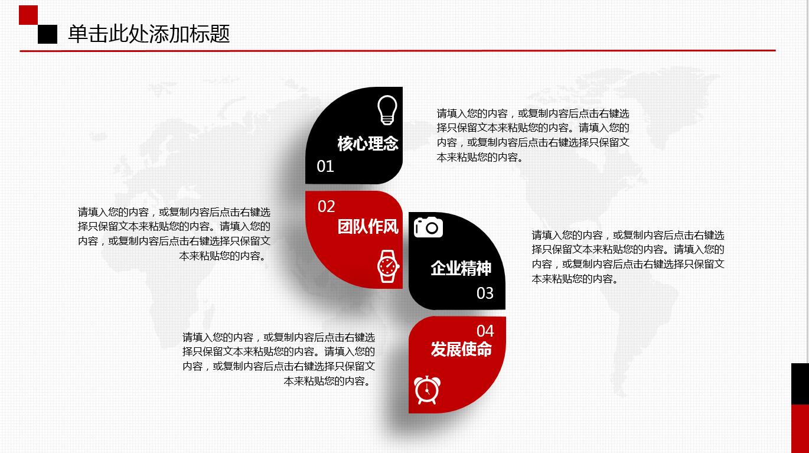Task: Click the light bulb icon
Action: pos(387,110)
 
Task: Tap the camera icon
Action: pos(428,227)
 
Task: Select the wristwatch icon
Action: pos(388,266)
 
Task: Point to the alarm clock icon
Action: pos(428,390)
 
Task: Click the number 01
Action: pos(325,166)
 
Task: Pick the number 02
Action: pos(326,206)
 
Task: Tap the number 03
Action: pos(485,293)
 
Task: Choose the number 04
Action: pos(485,331)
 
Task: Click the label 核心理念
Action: pos(368,144)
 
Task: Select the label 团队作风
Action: pos(368,227)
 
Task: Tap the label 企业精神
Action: pos(461,268)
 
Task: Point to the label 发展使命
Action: pos(461,349)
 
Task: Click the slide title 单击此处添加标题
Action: pos(149,34)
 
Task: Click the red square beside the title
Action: pos(28,15)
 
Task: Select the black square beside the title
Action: pos(47,34)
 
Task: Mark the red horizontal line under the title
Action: pos(397,51)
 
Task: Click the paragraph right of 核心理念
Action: pos(533,135)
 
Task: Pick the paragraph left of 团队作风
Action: pos(174,234)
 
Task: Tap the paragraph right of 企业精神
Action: pos(628,257)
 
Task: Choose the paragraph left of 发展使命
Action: pos(279,359)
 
